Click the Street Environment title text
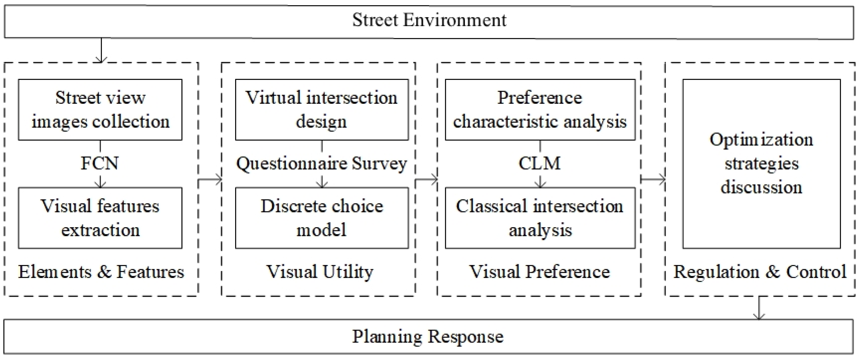[x=429, y=20]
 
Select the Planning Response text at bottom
[x=428, y=336]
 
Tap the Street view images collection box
[x=100, y=109]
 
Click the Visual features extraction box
[x=100, y=218]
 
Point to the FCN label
[x=100, y=163]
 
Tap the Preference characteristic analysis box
[x=540, y=109]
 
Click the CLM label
[x=540, y=163]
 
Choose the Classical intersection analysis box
[x=540, y=218]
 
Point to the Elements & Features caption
[x=101, y=272]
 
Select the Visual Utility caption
[x=319, y=272]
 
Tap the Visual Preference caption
[x=540, y=272]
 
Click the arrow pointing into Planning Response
[x=759, y=308]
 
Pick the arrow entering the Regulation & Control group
[x=653, y=179]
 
